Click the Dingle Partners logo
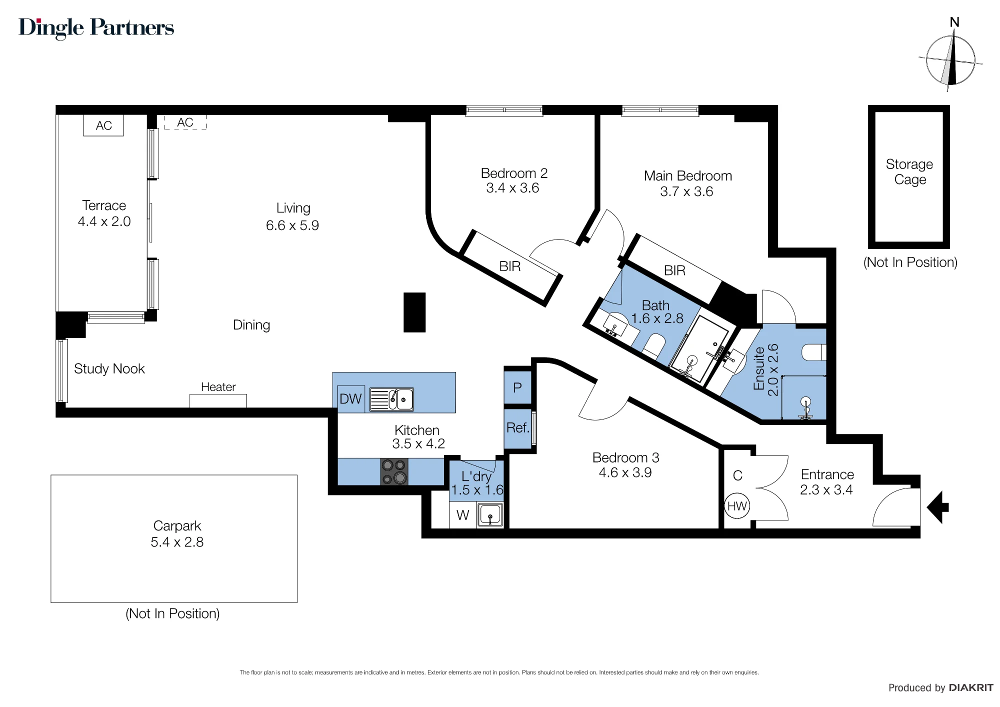96,28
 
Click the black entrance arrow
937,507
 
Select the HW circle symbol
737,506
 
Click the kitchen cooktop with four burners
394,471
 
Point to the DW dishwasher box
351,399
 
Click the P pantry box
517,387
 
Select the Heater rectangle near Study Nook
218,401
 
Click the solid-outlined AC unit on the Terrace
103,125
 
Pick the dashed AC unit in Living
185,122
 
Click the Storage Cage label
909,171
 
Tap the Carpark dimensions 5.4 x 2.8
177,542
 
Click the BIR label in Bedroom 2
510,266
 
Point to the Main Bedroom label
688,176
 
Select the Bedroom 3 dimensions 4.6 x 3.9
625,472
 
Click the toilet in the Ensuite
813,352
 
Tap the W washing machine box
463,515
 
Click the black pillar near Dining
414,312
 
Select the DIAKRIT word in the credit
971,687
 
